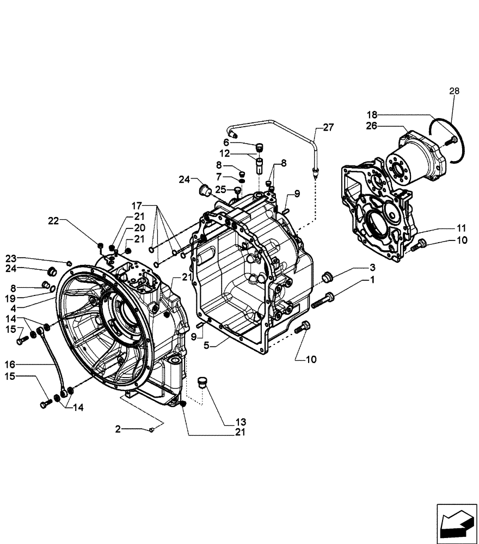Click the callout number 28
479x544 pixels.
(453, 91)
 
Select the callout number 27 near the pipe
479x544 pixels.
(328, 127)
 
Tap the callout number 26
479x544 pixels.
(371, 126)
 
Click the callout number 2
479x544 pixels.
(118, 429)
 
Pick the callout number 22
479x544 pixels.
(53, 221)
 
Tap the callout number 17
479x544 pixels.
(137, 206)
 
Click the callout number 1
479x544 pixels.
(372, 281)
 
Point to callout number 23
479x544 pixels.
(11, 258)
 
